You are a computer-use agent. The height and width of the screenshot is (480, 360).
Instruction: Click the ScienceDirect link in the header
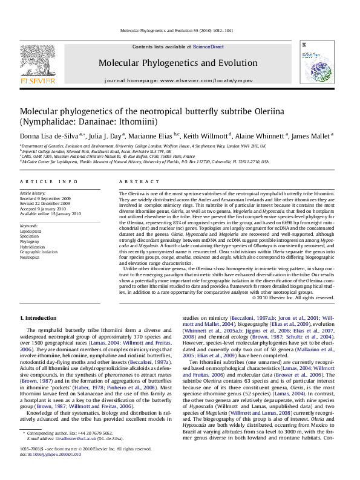tap(208, 47)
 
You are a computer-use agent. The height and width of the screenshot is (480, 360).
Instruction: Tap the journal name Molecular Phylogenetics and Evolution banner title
tap(180, 62)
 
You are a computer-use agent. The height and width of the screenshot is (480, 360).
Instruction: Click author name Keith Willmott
tap(206, 136)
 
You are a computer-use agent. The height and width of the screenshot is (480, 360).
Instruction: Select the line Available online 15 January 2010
tap(50, 213)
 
